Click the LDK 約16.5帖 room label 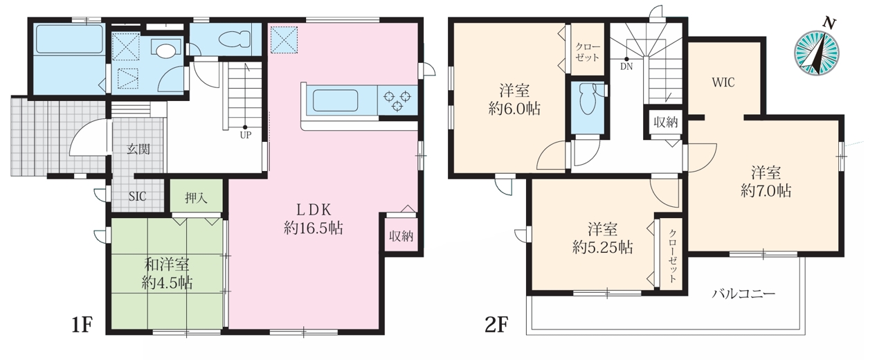pyautogui.click(x=313, y=219)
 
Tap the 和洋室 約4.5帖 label pyautogui.click(x=167, y=273)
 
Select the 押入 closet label pyautogui.click(x=196, y=198)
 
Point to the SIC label pyautogui.click(x=137, y=196)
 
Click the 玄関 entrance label pyautogui.click(x=138, y=149)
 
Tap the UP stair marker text pyautogui.click(x=246, y=135)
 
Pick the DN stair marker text pyautogui.click(x=626, y=66)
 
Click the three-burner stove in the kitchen pyautogui.click(x=397, y=100)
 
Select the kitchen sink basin pyautogui.click(x=336, y=100)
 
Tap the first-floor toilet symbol pyautogui.click(x=234, y=40)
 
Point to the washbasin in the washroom pyautogui.click(x=165, y=51)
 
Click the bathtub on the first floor pyautogui.click(x=69, y=39)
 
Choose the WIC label pyautogui.click(x=723, y=82)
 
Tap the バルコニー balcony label pyautogui.click(x=744, y=294)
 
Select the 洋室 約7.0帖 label pyautogui.click(x=766, y=182)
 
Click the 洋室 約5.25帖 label pyautogui.click(x=602, y=239)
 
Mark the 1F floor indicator pyautogui.click(x=82, y=325)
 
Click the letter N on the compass pyautogui.click(x=829, y=24)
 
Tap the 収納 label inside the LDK pyautogui.click(x=401, y=236)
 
